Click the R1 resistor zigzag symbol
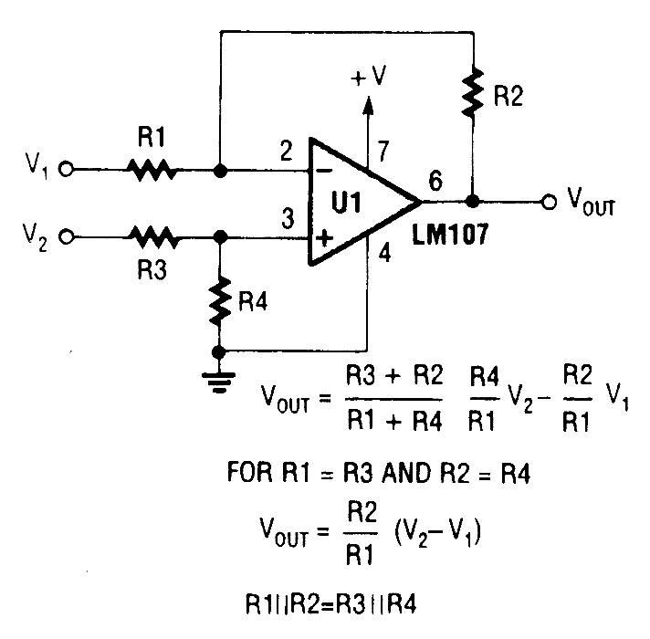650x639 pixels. click(x=151, y=170)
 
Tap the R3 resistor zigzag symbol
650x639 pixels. click(x=151, y=237)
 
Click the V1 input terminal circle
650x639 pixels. click(x=67, y=170)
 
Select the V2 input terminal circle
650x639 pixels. click(x=67, y=237)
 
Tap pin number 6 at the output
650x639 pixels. click(x=435, y=181)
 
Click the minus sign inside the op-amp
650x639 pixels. click(x=322, y=170)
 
